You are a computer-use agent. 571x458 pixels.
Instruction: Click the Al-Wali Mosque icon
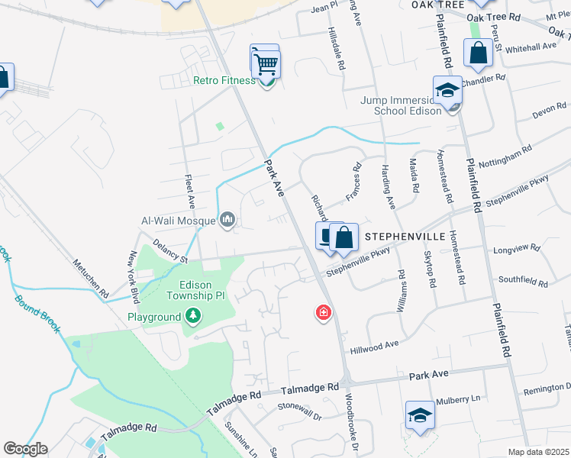(x=227, y=221)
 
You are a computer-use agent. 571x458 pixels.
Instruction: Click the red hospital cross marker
(x=324, y=312)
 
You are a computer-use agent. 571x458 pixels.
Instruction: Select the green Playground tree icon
(x=193, y=315)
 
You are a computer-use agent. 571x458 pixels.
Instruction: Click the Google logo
(x=25, y=449)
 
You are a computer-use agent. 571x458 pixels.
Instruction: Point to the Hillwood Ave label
(x=375, y=344)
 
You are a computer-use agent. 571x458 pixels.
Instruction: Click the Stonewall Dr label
(x=300, y=405)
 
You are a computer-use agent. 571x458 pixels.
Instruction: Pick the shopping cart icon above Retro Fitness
(x=265, y=61)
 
